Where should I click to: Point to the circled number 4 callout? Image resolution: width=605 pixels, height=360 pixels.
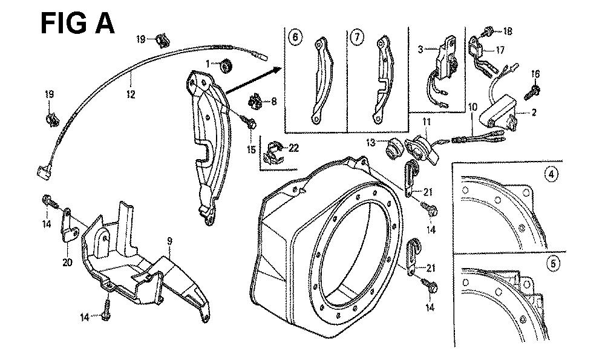coord(551,174)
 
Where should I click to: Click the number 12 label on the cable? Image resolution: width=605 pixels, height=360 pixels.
coord(131,94)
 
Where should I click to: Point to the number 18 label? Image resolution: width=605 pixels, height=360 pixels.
coord(507,30)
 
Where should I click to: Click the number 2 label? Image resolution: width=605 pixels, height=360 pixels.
coord(534,113)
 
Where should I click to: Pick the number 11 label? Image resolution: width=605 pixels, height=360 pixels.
coord(426,123)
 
